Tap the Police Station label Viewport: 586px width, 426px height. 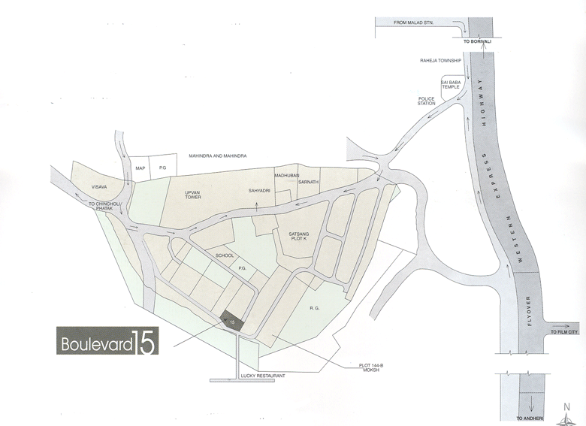click(427, 101)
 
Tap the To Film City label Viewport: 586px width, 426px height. click(565, 331)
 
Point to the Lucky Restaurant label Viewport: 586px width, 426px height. click(259, 374)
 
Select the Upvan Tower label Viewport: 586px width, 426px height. click(195, 195)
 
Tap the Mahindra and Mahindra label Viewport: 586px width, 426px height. click(218, 156)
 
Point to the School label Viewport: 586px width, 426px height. click(225, 255)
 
